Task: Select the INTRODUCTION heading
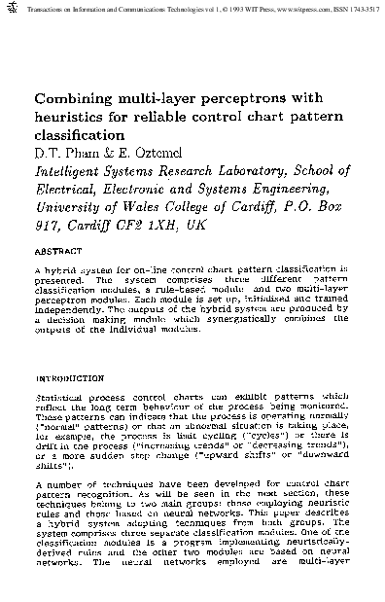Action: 69,376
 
